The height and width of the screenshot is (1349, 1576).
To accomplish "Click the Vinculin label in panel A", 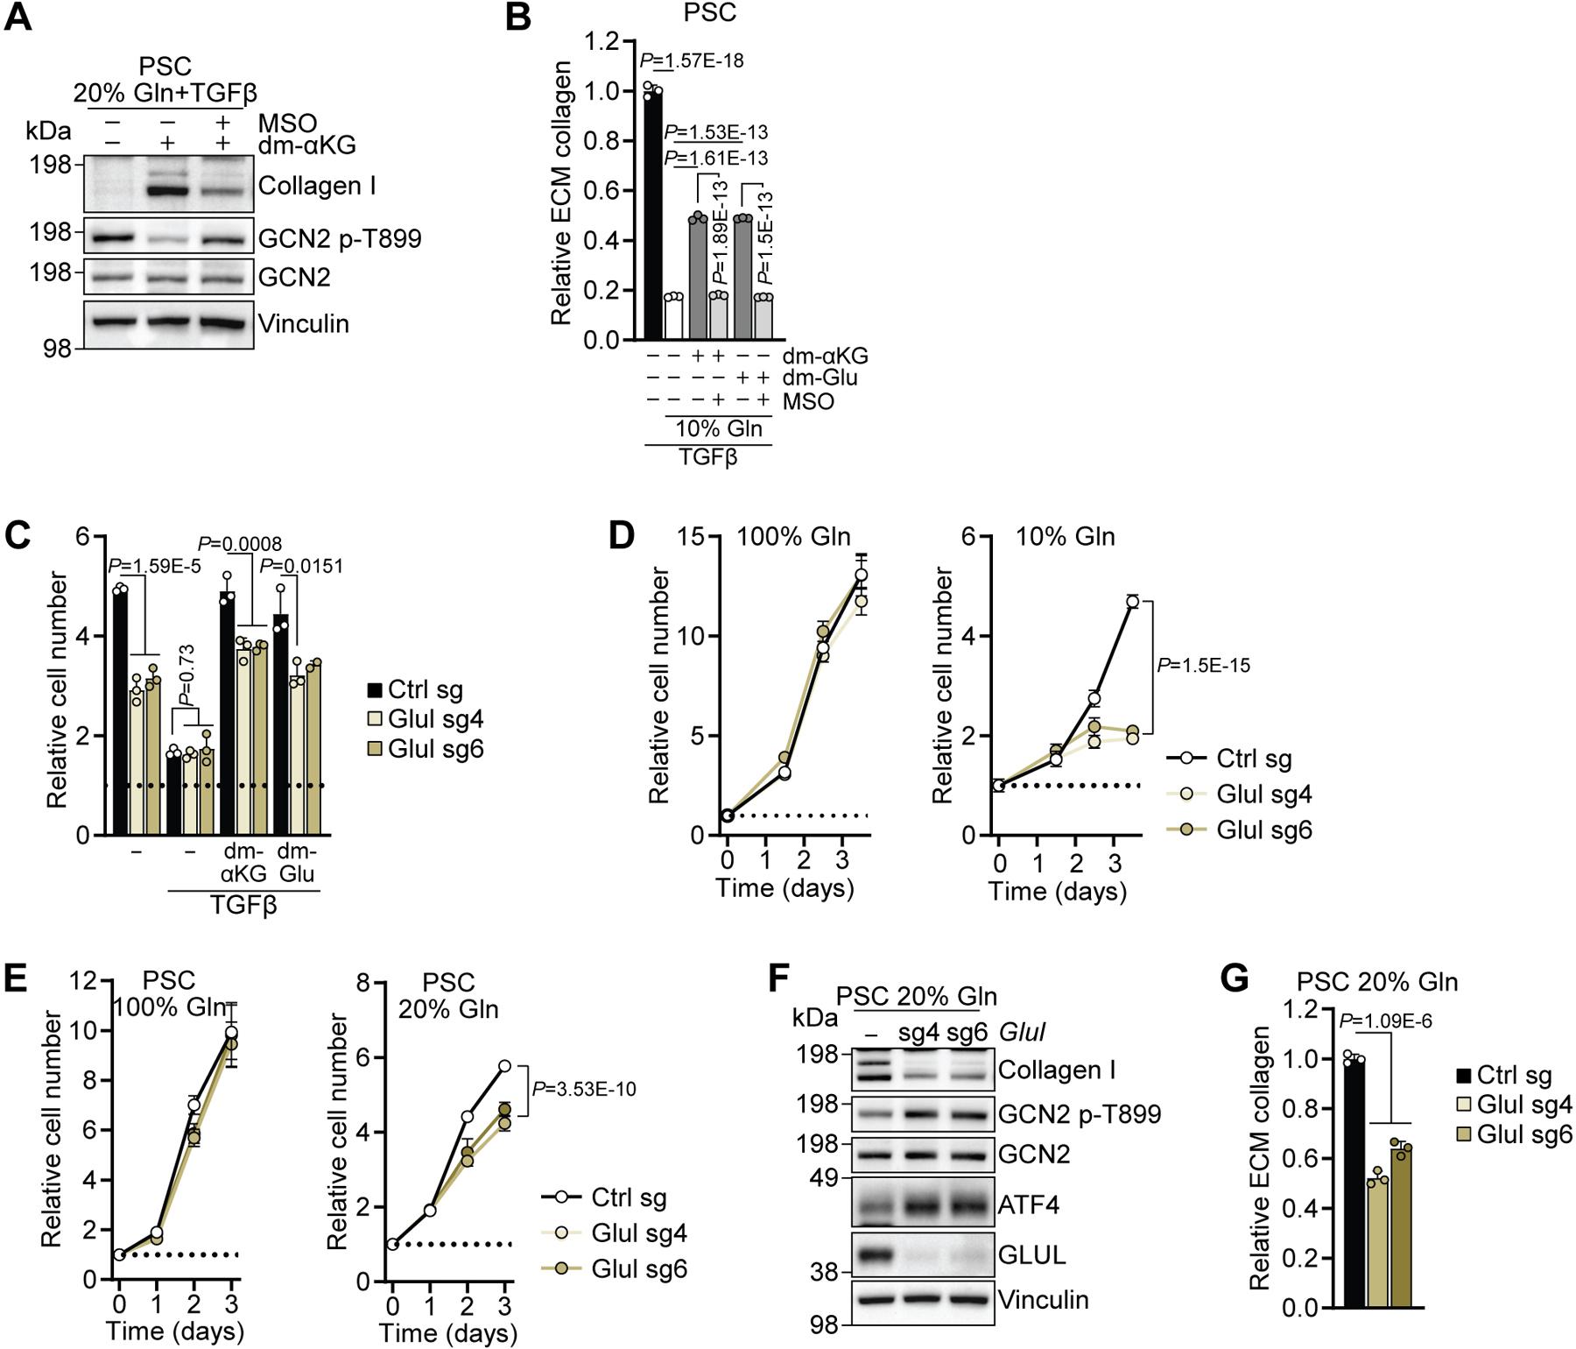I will coord(303,324).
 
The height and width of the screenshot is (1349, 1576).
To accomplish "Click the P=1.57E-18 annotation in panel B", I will coord(692,60).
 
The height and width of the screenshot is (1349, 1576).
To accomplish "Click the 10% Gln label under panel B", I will coord(717,429).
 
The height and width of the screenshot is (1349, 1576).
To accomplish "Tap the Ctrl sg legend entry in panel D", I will coord(1254,759).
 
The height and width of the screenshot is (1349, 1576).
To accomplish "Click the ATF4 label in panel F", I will coord(1029,1206).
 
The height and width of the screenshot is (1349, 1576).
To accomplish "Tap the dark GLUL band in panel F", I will coord(870,1256).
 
